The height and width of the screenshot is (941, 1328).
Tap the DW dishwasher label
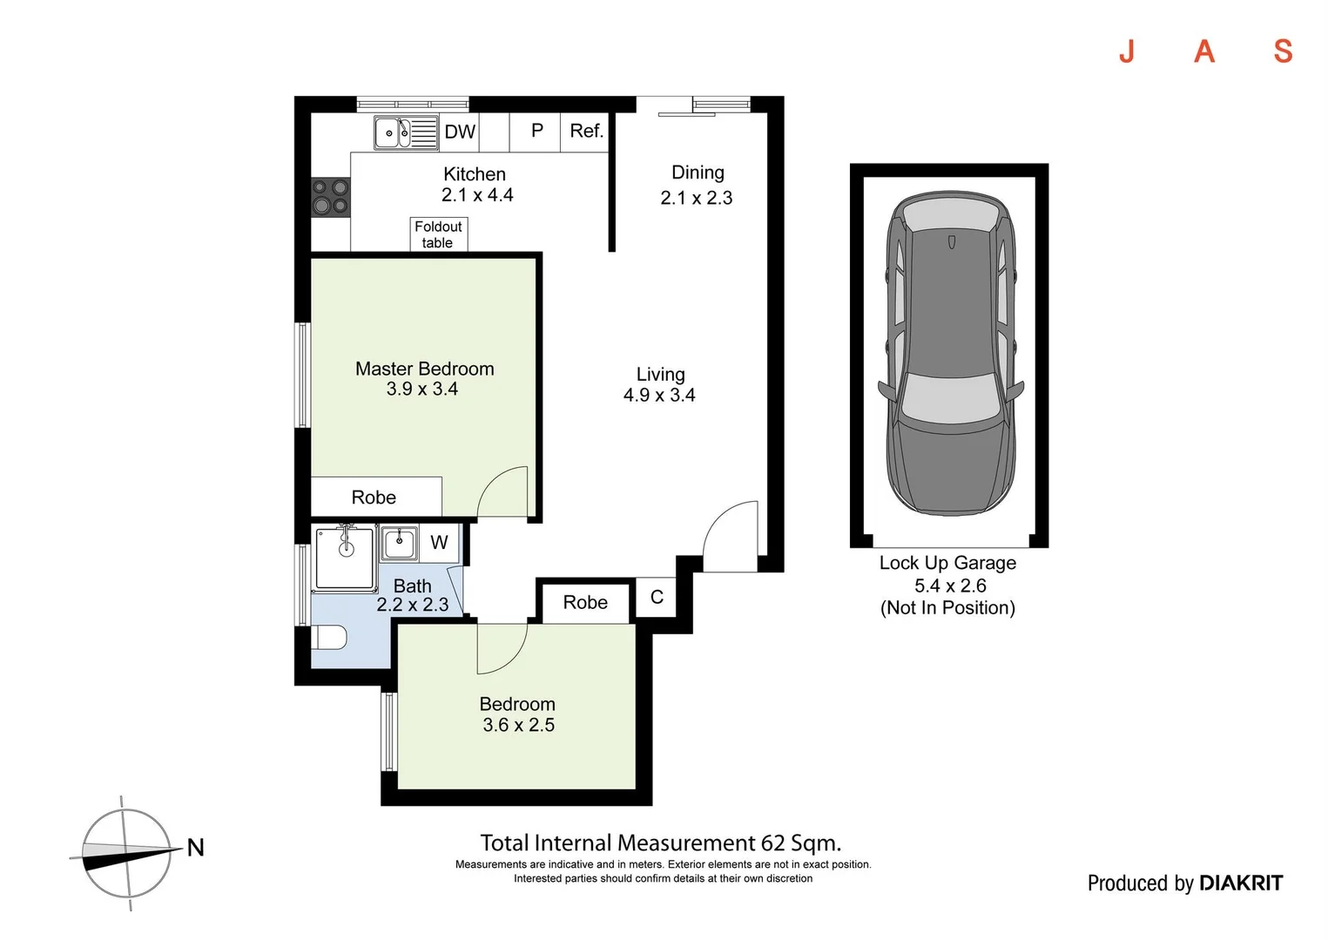[x=460, y=132]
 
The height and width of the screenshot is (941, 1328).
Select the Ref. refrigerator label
[x=586, y=131]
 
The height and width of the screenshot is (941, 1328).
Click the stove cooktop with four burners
[x=331, y=196]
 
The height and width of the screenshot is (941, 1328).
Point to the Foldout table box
[x=438, y=234]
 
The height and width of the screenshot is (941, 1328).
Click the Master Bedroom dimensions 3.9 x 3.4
[x=422, y=389]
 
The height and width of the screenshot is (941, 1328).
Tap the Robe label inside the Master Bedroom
[x=374, y=498]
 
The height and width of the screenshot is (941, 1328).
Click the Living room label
[x=660, y=375]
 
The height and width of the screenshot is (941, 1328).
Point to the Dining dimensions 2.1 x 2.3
[x=697, y=198]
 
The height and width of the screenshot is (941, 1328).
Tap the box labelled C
[x=657, y=598]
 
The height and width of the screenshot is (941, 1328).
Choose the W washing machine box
[x=439, y=543]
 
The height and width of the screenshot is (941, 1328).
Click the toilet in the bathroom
[x=329, y=639]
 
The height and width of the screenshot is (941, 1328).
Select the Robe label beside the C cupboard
[x=585, y=603]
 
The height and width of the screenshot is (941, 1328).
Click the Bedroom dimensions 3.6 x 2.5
[x=518, y=725]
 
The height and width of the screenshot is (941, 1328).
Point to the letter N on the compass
[x=196, y=847]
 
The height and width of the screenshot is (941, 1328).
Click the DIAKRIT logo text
[x=1240, y=883]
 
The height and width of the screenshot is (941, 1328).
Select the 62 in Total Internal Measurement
[x=772, y=843]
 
